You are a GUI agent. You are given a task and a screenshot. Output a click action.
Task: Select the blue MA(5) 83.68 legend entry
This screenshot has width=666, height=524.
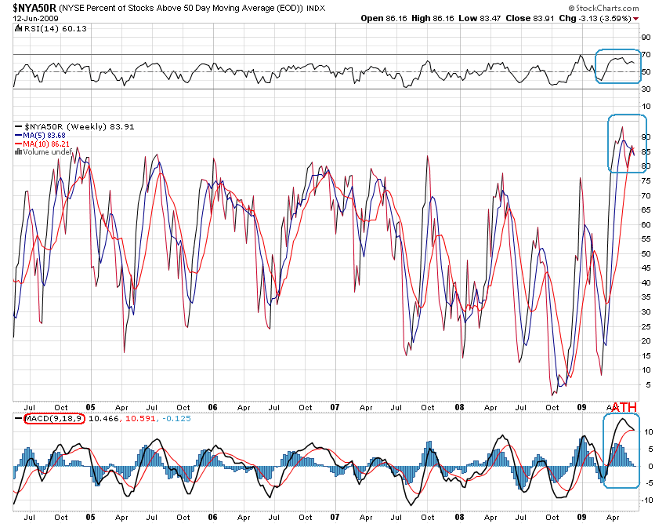pos(39,135)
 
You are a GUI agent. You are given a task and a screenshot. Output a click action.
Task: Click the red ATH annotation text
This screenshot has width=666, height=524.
pos(624,407)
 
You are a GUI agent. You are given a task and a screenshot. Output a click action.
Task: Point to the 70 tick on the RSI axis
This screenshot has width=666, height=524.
pos(646,55)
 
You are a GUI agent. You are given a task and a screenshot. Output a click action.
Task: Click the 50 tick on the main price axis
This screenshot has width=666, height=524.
pos(646,253)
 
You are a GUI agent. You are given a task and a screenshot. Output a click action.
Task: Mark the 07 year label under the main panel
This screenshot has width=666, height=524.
pos(335,408)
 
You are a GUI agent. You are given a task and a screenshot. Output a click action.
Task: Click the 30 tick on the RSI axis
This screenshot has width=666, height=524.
pos(646,89)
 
